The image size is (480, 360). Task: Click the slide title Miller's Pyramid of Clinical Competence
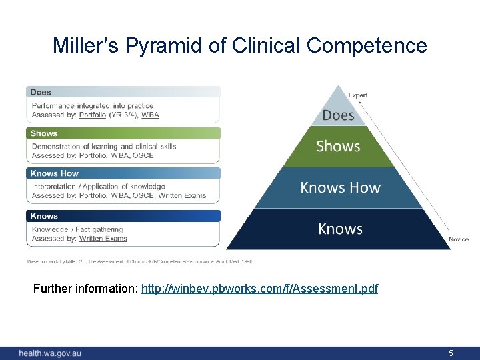240,45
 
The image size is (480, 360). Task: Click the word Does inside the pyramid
338,115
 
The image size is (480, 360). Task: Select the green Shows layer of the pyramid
338,146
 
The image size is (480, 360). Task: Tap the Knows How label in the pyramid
340,187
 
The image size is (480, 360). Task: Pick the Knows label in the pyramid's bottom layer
340,229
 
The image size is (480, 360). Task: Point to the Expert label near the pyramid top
358,95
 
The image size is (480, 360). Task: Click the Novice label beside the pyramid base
459,239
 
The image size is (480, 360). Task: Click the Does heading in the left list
41,92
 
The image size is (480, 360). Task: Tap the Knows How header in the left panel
55,173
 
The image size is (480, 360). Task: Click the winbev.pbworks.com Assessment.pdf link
259,289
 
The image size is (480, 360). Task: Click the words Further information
86,289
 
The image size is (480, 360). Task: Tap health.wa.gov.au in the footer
50,353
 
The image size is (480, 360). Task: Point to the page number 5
451,353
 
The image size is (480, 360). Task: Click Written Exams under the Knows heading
103,238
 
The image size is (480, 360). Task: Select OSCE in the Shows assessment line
143,155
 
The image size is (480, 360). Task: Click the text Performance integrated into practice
93,105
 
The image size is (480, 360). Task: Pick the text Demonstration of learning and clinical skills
104,146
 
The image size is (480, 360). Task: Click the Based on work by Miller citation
139,261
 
